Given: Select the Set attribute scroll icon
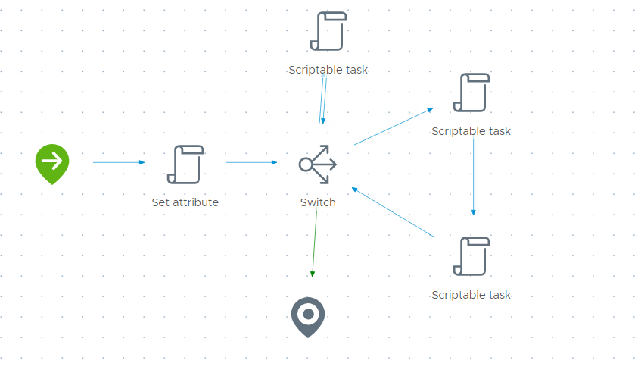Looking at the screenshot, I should point(185,164).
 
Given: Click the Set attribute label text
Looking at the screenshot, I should point(185,202).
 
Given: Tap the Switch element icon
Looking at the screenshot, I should point(318,164).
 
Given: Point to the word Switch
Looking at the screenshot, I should point(318,202).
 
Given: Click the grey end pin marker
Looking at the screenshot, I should point(308,315).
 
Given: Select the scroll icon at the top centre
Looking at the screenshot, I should point(328,31).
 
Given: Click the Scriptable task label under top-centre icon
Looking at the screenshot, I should point(328,70).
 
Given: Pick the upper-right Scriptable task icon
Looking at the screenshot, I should point(471,92).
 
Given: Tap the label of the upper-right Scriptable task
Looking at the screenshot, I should point(471,131).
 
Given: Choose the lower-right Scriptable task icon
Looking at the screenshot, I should point(471,256).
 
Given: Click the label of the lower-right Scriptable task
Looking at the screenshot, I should point(471,295).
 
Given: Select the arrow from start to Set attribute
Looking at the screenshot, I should point(118,162).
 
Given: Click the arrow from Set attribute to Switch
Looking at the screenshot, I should point(251,162).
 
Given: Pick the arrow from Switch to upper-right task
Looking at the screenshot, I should point(393,127).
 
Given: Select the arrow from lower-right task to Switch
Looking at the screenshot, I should point(394,212).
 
